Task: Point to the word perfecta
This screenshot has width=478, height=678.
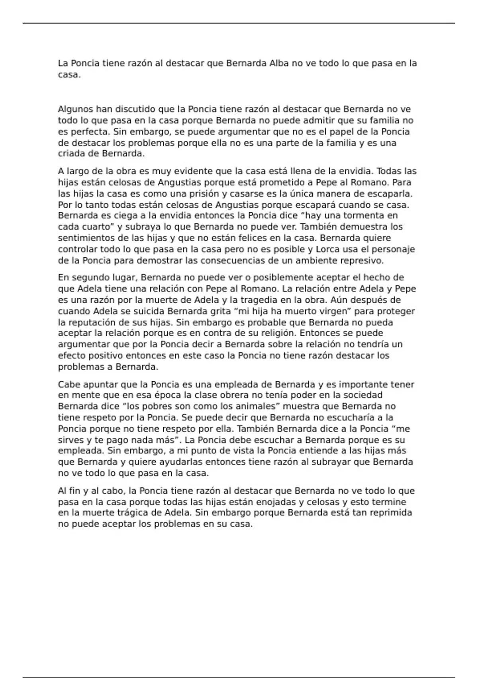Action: tap(91, 132)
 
